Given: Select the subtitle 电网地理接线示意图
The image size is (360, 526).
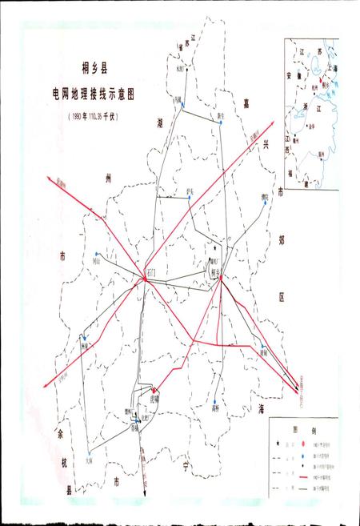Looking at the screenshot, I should tap(90, 93).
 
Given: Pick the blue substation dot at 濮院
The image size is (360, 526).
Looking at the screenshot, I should tap(261, 203).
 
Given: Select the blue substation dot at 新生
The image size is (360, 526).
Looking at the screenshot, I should tap(218, 122).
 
